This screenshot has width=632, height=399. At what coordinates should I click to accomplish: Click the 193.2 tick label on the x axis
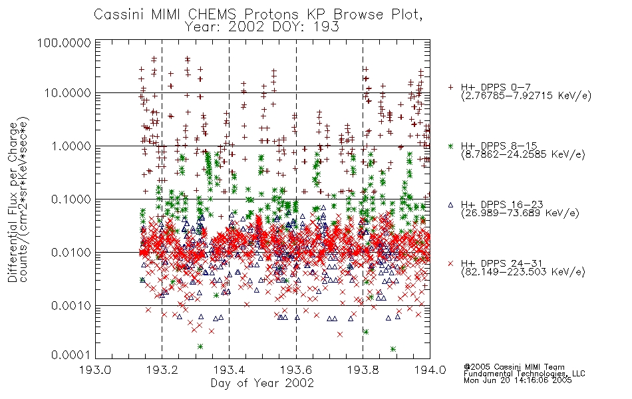[162, 370]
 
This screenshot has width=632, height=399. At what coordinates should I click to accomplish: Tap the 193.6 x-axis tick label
[296, 370]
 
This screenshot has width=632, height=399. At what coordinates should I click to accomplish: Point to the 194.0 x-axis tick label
[430, 370]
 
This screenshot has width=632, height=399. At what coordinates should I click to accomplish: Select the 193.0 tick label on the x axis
[96, 370]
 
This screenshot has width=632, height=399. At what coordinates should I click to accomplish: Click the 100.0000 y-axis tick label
[64, 43]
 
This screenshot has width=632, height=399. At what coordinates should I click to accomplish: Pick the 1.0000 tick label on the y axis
[71, 146]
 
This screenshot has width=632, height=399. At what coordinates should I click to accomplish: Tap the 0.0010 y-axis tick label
[71, 306]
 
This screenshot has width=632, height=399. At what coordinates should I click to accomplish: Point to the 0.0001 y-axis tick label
[71, 355]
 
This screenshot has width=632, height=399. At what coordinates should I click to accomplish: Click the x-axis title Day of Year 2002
[262, 383]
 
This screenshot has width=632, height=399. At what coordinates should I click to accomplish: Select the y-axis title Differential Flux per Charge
[13, 202]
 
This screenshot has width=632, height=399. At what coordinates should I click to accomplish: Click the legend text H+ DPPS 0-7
[496, 88]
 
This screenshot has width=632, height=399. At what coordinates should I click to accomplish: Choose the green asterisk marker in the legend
[450, 146]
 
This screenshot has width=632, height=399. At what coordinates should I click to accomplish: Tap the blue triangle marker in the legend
[450, 205]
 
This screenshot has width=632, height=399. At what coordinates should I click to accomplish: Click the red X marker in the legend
[450, 263]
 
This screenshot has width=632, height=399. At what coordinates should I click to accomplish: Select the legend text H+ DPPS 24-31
[502, 263]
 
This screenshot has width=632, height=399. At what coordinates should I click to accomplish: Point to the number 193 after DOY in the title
[327, 27]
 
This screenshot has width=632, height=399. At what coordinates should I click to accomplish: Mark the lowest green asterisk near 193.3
[200, 346]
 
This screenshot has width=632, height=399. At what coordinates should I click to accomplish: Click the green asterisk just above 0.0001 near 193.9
[393, 349]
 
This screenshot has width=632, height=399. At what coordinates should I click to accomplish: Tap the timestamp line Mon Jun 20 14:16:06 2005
[518, 380]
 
